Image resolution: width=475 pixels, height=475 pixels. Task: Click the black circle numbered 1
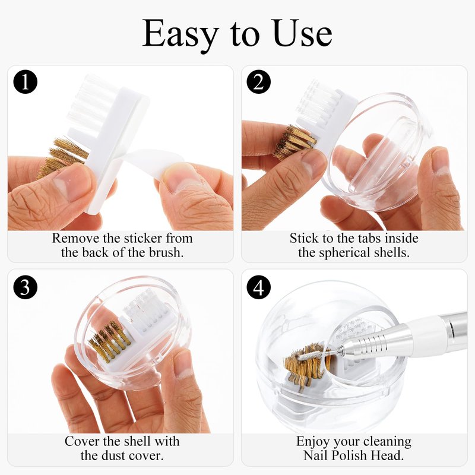[26, 82]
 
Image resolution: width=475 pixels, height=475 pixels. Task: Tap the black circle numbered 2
[258, 82]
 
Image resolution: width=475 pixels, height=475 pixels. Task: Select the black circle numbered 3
[26, 287]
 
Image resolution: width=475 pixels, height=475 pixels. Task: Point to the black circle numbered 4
[258, 287]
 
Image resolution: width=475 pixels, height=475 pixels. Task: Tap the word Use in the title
[302, 33]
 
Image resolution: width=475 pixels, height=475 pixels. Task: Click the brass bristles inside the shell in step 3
[110, 341]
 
